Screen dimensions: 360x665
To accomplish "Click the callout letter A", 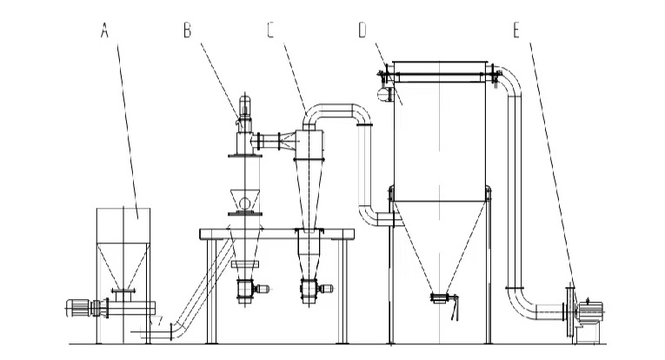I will point(104,31).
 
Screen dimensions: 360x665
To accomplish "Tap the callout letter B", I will point(186,31).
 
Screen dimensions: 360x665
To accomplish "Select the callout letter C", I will point(271,31).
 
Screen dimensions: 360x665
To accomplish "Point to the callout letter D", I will point(362,31).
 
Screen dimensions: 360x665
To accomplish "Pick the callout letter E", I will point(517,31).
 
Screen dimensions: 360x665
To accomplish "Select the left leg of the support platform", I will point(209,287).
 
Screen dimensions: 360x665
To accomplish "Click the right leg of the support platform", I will point(346,287).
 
